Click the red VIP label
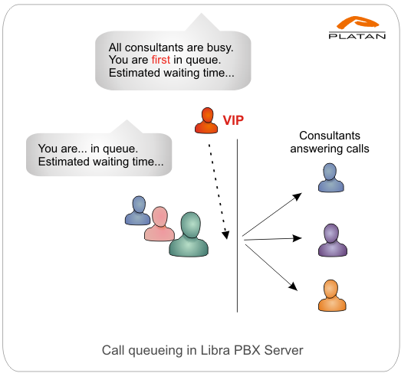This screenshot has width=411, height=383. [233, 120]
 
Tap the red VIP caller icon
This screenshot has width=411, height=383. [206, 120]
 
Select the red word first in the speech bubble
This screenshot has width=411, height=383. [161, 60]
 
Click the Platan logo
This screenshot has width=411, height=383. [357, 28]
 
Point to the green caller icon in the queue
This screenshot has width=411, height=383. [189, 234]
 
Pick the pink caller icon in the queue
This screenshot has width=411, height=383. [159, 224]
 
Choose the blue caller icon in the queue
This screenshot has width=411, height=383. [138, 211]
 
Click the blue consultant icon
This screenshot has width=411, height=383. [330, 178]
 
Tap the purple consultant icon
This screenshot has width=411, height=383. [333, 240]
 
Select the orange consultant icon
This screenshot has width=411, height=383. [332, 296]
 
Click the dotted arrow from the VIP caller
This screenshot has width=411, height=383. [219, 191]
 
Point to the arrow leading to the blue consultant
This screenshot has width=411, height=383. [272, 214]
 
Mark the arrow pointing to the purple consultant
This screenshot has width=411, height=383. [273, 239]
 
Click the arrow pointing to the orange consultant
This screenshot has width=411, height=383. [271, 267]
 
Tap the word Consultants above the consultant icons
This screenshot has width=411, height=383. [330, 136]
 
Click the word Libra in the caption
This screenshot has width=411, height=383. [215, 350]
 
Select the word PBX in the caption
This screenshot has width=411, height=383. [247, 350]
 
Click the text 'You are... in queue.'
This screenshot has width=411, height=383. [88, 149]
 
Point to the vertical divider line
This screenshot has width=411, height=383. [238, 226]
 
